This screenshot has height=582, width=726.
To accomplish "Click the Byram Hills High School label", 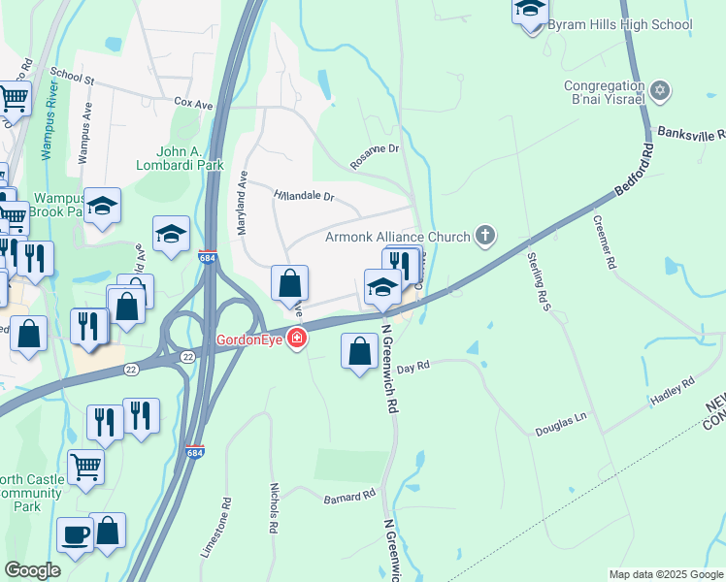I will [x=619, y=24].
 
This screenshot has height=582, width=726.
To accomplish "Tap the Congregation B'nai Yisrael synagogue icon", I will [x=660, y=90].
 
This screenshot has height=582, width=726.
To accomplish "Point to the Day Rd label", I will [x=412, y=367].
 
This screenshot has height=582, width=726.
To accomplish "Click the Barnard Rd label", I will [x=349, y=497].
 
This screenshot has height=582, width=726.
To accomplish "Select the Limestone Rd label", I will [x=217, y=528].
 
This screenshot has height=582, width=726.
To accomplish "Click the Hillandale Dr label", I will [x=304, y=194].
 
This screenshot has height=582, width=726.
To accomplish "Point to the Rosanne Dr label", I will [x=375, y=155].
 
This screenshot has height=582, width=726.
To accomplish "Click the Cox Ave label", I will [x=193, y=101].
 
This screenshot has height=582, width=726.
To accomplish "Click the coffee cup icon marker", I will [x=75, y=534].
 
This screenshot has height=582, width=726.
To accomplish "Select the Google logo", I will [x=32, y=570].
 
